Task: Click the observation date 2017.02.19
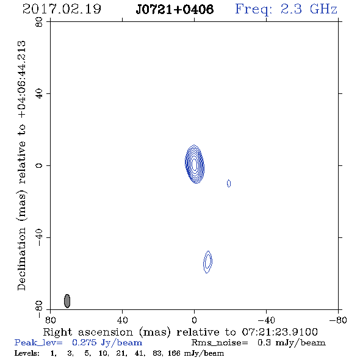point(62,9)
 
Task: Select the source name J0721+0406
point(175,9)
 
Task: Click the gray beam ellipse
point(67,301)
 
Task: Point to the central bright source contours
point(195,164)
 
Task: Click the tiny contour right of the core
point(229,183)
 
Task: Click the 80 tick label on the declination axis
point(39,22)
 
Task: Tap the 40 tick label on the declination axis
point(39,94)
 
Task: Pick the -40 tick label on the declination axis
point(39,237)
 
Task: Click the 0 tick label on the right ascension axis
point(194,320)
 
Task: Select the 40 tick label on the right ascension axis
point(122,320)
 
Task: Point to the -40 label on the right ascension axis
point(266,320)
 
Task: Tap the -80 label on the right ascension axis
point(338,320)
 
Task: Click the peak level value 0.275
point(84,342)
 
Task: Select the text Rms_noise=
point(220,343)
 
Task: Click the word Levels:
point(27,353)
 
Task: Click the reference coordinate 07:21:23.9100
point(279,332)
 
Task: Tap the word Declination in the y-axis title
point(21,259)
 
